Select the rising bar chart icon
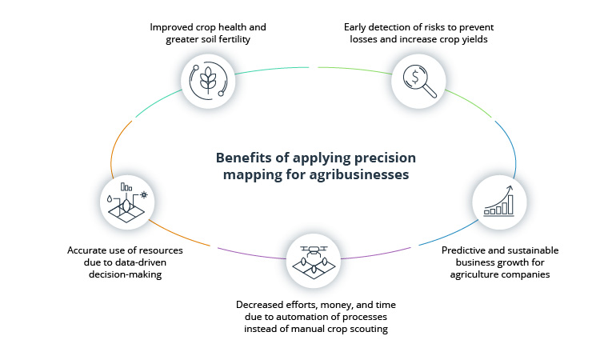(x=498, y=202)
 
